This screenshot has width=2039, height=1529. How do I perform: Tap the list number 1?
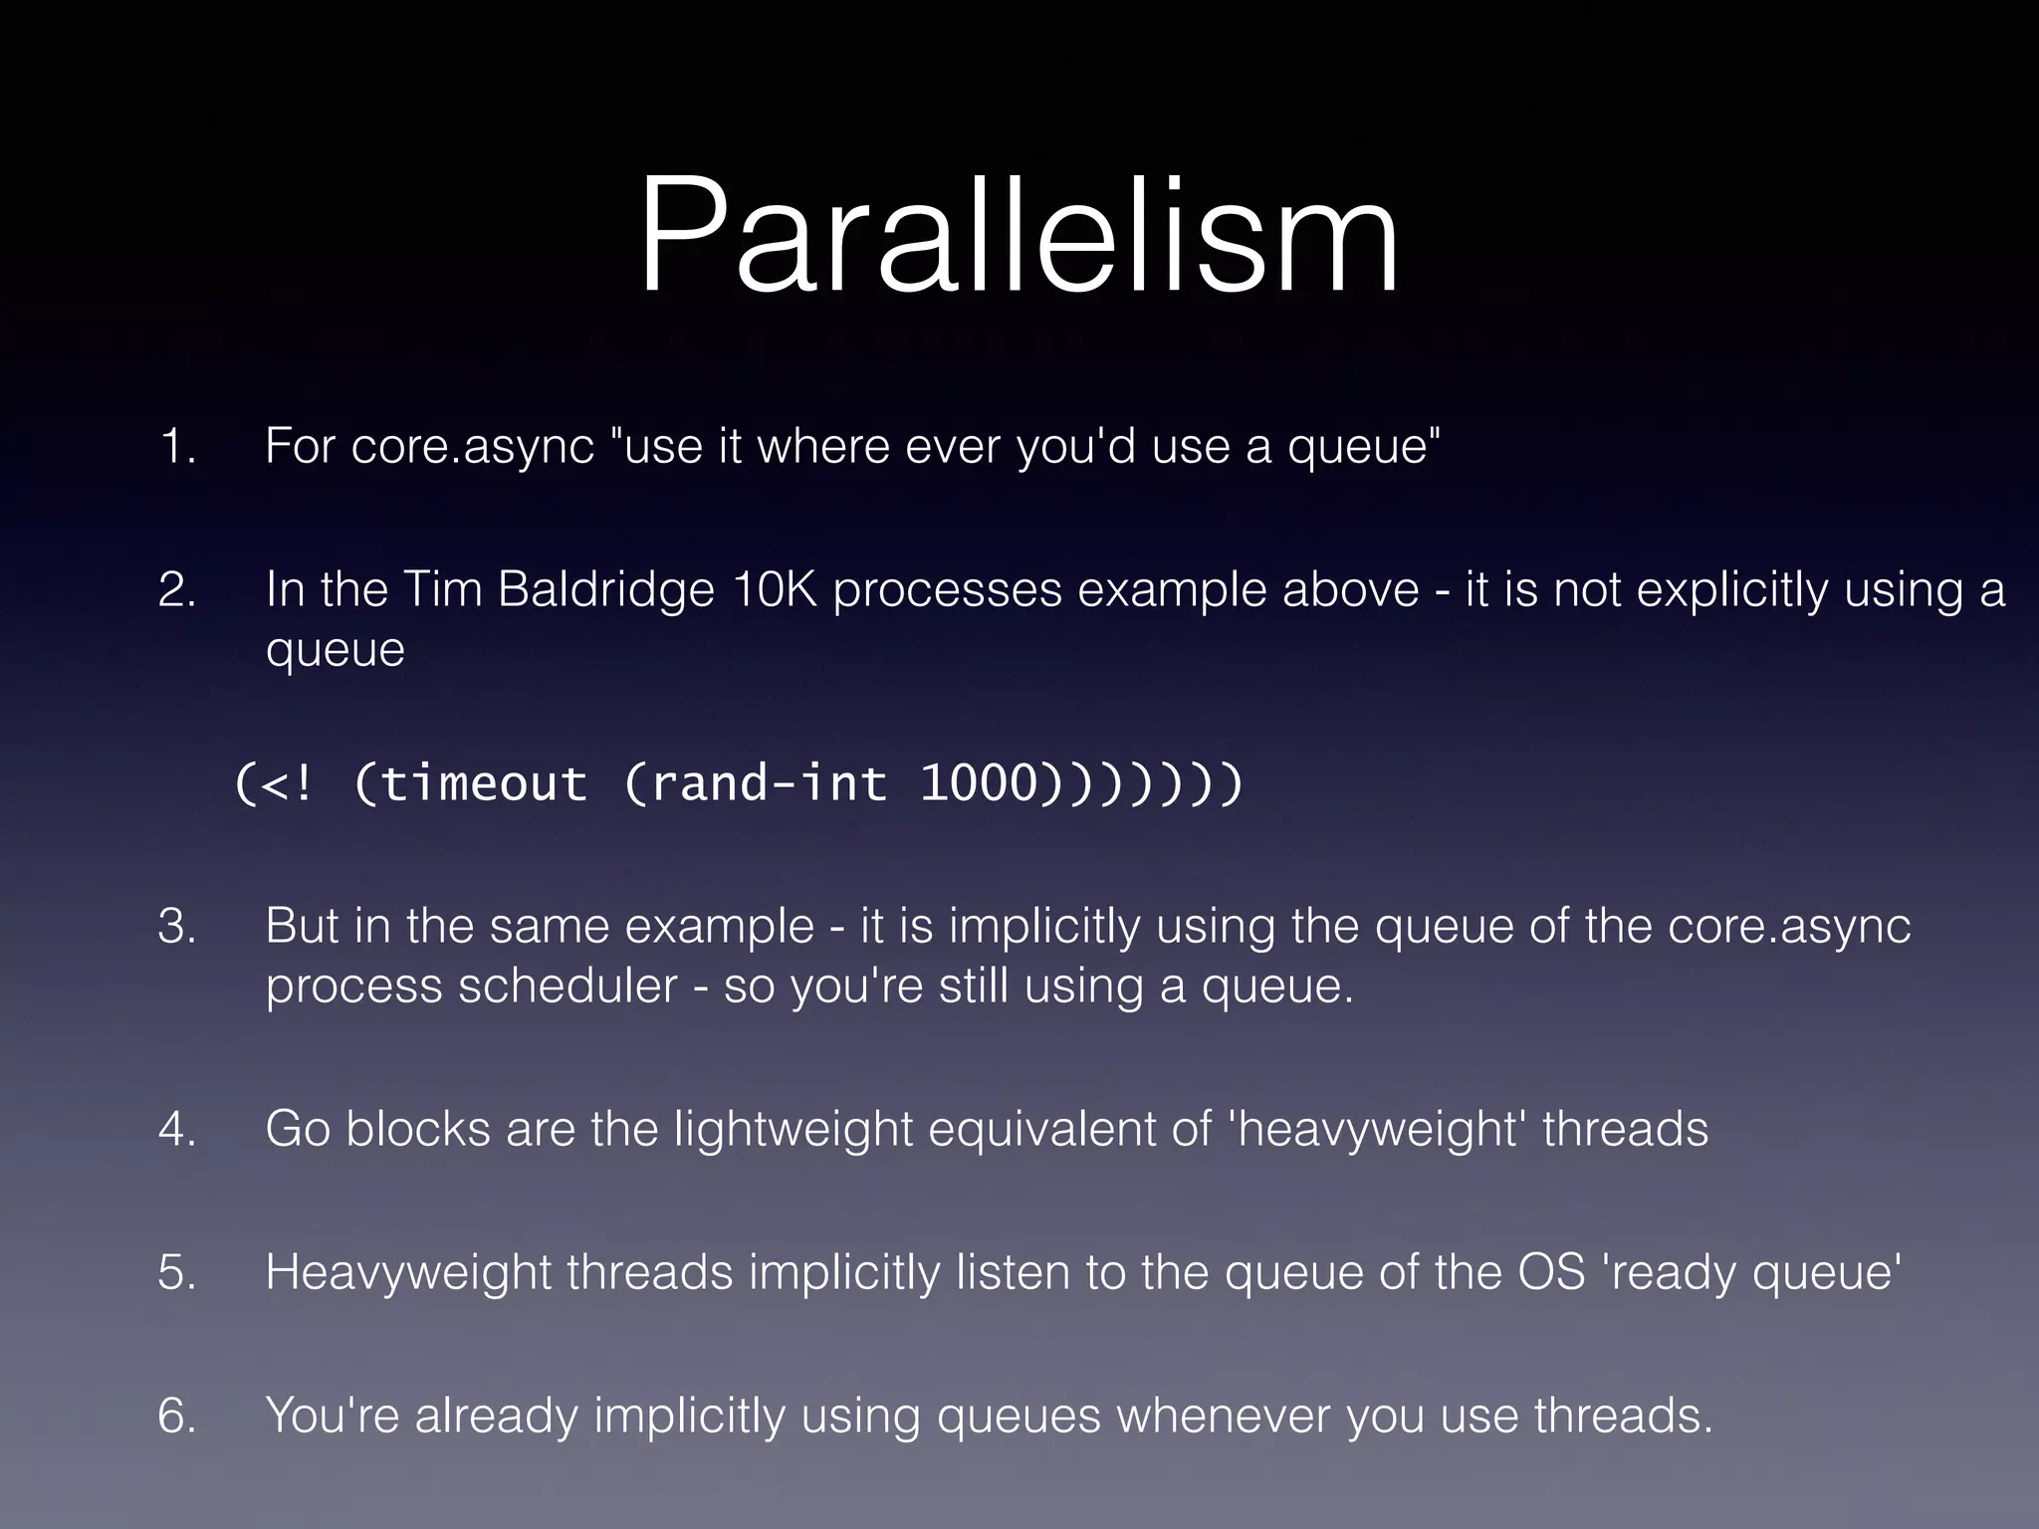(x=177, y=446)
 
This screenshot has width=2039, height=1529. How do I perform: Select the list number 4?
(x=177, y=1129)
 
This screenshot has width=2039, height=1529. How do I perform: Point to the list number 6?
(x=177, y=1416)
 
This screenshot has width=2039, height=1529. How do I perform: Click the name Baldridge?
(x=605, y=589)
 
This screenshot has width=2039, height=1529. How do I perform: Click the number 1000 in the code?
(x=979, y=783)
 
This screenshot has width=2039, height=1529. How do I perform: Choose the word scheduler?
(x=567, y=985)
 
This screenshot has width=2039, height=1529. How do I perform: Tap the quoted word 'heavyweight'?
(x=1377, y=1129)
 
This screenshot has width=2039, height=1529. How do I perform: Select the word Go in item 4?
(x=298, y=1129)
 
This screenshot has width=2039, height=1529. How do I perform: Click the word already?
(x=496, y=1416)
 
